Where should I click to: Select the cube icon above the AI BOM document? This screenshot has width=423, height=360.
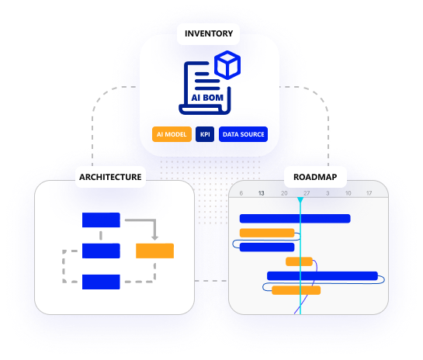coord(227,65)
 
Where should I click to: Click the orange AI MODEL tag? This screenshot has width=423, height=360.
coord(172,134)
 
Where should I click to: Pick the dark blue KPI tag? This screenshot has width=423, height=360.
coord(205,134)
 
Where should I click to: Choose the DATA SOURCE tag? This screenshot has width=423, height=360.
coord(243,134)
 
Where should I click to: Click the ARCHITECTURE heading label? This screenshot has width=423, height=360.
coord(110,177)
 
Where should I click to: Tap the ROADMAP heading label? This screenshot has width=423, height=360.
coord(314,177)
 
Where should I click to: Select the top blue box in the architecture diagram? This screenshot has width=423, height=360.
coord(101,220)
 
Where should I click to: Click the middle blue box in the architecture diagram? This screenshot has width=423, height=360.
coord(101,251)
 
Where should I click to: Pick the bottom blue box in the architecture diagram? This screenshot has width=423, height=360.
coord(101,282)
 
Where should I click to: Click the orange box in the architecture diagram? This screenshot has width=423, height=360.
coord(154,251)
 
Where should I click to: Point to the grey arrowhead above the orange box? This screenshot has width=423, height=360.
coord(154,237)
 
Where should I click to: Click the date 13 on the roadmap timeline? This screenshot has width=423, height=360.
coord(262,193)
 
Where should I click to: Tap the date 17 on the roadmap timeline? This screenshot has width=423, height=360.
coord(369,193)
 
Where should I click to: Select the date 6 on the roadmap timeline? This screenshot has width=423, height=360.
coord(241,193)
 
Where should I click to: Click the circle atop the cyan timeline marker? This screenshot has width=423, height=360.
coord(300,200)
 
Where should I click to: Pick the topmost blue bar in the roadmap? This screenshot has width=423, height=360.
coord(295,219)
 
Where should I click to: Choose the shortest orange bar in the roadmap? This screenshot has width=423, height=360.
coord(299,261)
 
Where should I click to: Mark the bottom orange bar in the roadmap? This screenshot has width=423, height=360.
coord(296,290)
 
